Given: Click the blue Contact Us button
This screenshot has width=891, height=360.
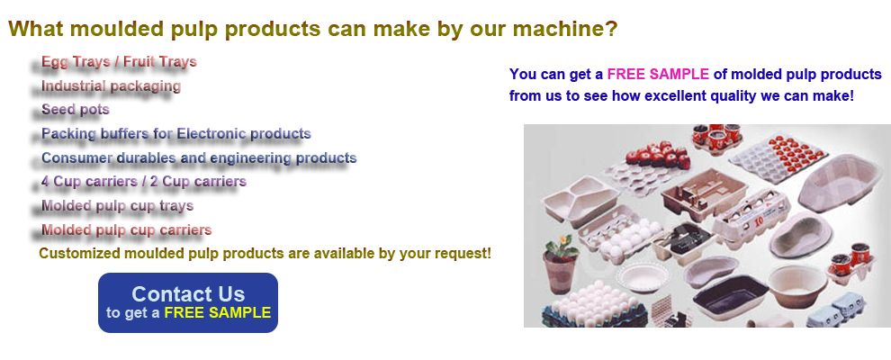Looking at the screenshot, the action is (x=188, y=302).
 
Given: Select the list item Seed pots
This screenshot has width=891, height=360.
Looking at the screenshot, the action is (x=76, y=109).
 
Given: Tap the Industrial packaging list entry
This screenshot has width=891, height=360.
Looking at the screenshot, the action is (x=111, y=85).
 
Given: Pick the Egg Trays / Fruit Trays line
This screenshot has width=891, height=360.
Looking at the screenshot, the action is (x=119, y=61).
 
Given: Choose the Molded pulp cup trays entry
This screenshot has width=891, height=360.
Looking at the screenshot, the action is (x=118, y=205).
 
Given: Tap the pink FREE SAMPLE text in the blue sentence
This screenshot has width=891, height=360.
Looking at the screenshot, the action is (x=658, y=74).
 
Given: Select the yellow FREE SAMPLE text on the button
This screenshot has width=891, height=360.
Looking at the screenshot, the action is (x=218, y=312).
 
